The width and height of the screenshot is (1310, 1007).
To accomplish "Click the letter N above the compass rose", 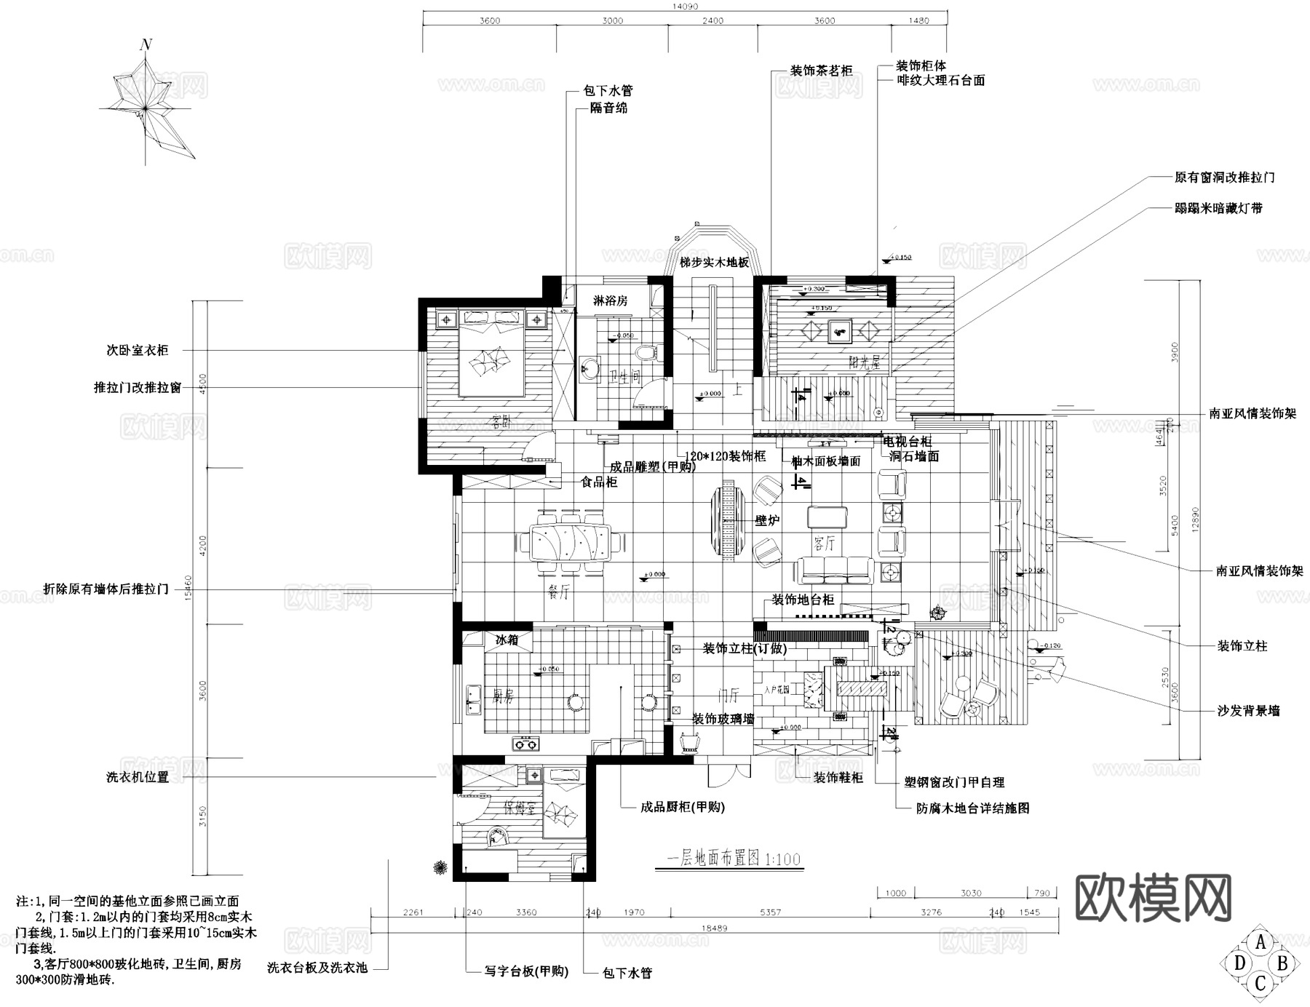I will click(146, 45).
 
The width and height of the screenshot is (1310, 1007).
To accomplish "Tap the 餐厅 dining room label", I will click(558, 593).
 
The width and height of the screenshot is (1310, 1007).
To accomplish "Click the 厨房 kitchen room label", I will click(503, 696).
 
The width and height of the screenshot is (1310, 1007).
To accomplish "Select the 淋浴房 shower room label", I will click(610, 300).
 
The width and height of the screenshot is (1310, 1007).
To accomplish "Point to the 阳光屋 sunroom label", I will click(865, 362).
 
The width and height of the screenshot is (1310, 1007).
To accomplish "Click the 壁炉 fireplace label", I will click(767, 521).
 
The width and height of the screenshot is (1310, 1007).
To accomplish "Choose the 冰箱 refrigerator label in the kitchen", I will click(507, 640).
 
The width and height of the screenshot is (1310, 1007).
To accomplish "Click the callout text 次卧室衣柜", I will click(137, 351).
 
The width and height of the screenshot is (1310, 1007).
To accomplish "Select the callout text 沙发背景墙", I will click(1248, 711).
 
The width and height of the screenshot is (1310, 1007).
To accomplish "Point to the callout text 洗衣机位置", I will click(137, 777).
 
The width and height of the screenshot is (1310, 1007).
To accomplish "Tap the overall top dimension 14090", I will click(685, 7).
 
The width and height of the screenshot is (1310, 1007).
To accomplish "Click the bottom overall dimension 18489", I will click(715, 928).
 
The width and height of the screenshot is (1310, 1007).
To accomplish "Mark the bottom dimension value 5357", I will click(770, 912).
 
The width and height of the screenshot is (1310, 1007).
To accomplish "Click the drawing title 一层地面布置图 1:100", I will click(734, 859).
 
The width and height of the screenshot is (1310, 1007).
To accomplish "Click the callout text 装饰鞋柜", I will click(838, 778).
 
